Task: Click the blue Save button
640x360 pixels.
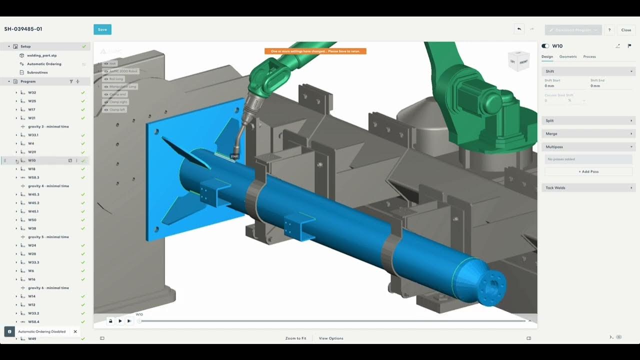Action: tap(102, 29)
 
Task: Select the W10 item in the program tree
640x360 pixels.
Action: tap(32, 160)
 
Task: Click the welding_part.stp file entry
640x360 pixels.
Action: tap(41, 55)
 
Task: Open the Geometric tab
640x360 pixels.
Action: tap(568, 56)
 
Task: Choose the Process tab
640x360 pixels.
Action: tap(589, 56)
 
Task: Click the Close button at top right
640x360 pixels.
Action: tap(626, 30)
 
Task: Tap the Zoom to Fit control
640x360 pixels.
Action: tap(295, 338)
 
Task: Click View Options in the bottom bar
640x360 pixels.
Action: tap(331, 338)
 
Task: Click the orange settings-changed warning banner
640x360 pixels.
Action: tap(315, 51)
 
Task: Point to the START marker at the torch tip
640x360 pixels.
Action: tap(234, 156)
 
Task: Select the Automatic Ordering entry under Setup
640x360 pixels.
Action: tap(44, 64)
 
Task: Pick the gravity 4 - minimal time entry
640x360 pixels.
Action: tap(48, 186)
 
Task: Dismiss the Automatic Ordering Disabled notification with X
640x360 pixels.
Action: tap(75, 331)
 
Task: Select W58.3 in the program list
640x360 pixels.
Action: tap(33, 177)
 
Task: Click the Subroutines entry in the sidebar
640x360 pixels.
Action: tap(37, 72)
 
